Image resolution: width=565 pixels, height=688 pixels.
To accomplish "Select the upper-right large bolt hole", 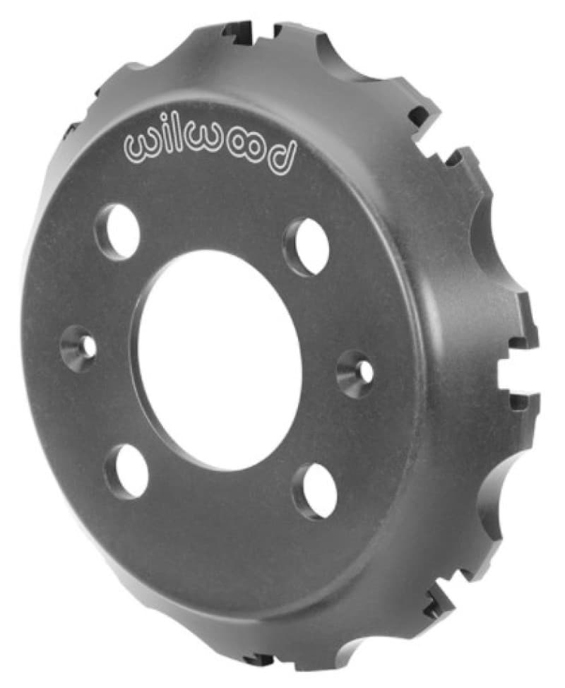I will pyautogui.click(x=307, y=247).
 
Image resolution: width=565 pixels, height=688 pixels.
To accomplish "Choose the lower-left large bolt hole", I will pyautogui.click(x=126, y=472).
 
